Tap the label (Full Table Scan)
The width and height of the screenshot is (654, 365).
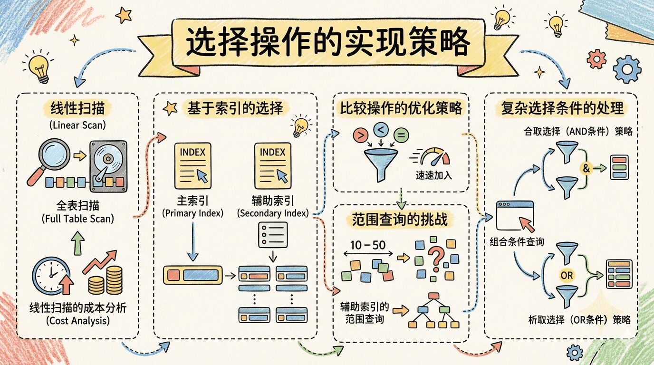point(77,220)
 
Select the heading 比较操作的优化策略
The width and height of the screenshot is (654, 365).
point(401,108)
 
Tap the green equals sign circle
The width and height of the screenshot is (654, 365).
point(401,136)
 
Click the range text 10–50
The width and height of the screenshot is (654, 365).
point(367,246)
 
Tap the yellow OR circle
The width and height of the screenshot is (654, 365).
point(567,275)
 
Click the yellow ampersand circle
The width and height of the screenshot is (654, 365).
point(586,168)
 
